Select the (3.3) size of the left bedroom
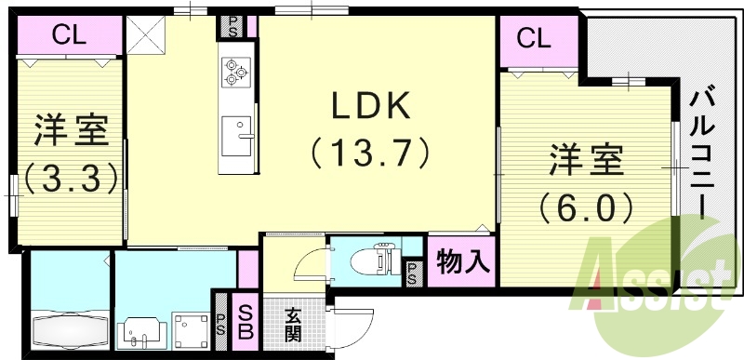coord(70,176)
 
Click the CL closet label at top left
coord(69,38)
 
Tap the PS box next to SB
coord(220,319)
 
